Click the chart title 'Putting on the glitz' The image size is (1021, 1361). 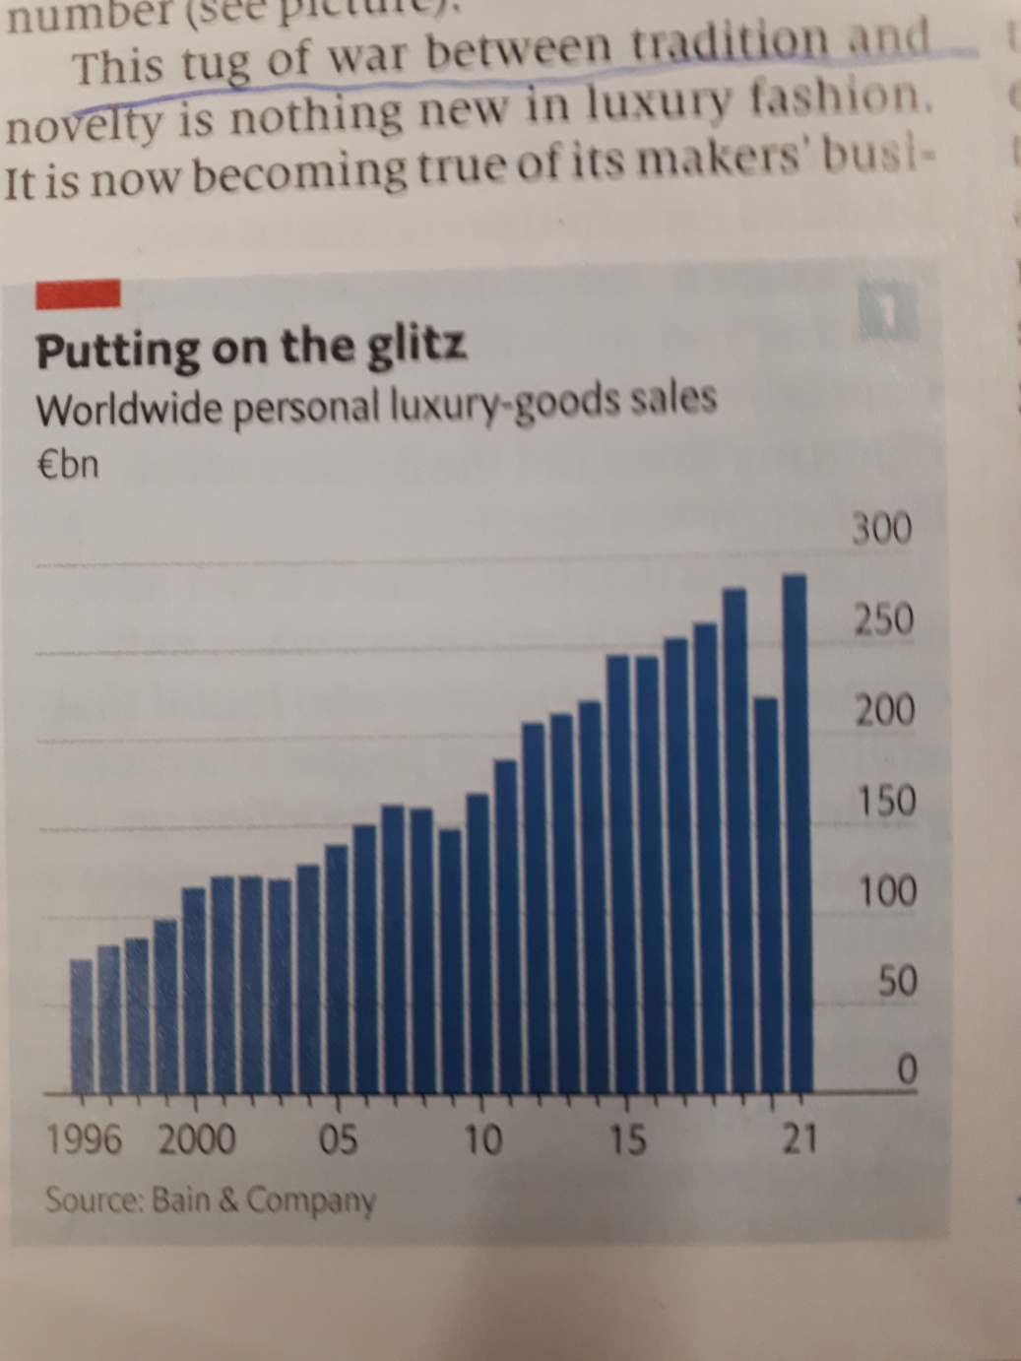[251, 349]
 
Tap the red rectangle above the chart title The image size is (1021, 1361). [78, 292]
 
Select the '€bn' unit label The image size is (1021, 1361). [67, 463]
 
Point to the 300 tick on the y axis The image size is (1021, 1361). [882, 530]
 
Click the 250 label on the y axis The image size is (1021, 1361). [882, 620]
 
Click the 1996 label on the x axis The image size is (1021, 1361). [85, 1139]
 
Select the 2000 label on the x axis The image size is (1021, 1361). [197, 1139]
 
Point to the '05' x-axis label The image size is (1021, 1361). [338, 1139]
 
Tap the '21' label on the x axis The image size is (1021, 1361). [798, 1138]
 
